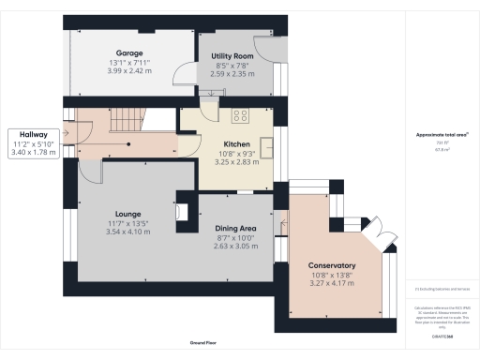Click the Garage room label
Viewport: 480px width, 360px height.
[128, 52]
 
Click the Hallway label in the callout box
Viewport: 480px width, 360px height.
[31, 134]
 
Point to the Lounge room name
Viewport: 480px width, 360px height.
[127, 214]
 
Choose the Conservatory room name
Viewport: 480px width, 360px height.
[333, 264]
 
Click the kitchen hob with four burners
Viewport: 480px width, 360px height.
[238, 116]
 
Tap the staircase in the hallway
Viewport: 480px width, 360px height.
[122, 120]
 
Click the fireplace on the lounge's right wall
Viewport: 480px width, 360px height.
[182, 211]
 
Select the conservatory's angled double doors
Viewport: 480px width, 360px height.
[379, 234]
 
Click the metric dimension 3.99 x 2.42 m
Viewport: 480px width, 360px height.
[128, 70]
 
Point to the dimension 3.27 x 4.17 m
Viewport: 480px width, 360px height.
[333, 282]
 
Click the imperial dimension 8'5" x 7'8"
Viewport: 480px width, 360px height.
[230, 67]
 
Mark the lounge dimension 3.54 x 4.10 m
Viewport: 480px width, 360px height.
[127, 231]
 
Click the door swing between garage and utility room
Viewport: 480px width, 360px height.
[186, 82]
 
